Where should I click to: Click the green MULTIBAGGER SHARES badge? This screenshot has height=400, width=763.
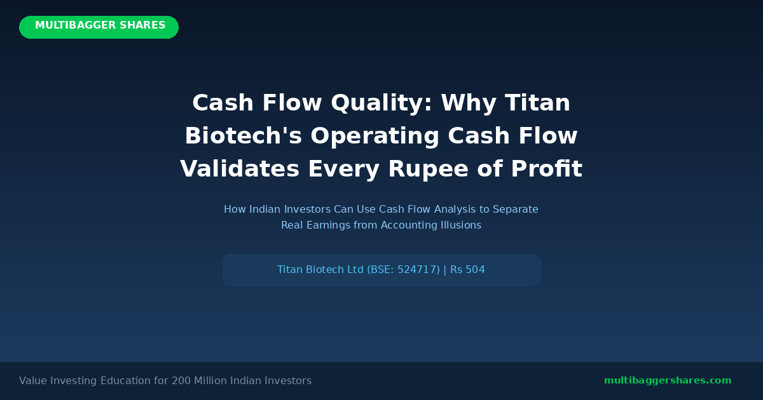99,27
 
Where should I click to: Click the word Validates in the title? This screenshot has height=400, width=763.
240,169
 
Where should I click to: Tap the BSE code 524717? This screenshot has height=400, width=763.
416,270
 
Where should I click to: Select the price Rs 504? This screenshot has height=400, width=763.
467,270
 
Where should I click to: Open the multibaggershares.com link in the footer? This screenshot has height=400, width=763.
668,380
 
